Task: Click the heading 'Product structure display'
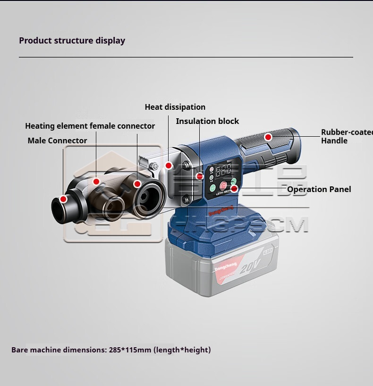pyautogui.click(x=72, y=40)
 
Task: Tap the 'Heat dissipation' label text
pyautogui.click(x=175, y=107)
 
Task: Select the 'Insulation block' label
pyautogui.click(x=207, y=122)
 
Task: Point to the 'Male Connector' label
pyautogui.click(x=57, y=140)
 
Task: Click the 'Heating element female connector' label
pyautogui.click(x=90, y=126)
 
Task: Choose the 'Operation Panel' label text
pyautogui.click(x=319, y=190)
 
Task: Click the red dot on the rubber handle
pyautogui.click(x=268, y=137)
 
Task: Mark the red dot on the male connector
pyautogui.click(x=63, y=199)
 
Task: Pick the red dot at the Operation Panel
pyautogui.click(x=235, y=189)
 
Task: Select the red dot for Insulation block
pyautogui.click(x=200, y=176)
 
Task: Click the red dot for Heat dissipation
pyautogui.click(x=169, y=165)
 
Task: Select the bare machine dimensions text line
pyautogui.click(x=111, y=351)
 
